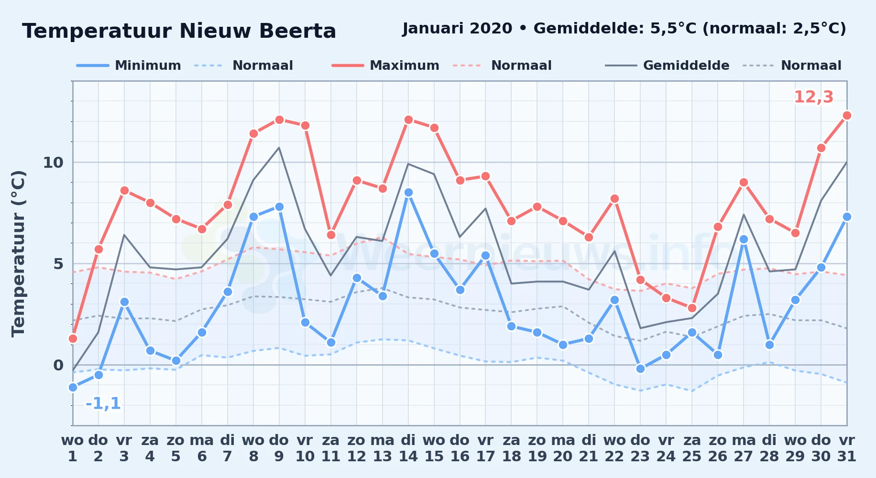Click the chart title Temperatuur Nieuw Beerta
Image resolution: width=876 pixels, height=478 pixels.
pyautogui.click(x=179, y=31)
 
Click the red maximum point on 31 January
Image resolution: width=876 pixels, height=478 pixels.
pyautogui.click(x=847, y=115)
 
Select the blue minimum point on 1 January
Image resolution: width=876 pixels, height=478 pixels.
pyautogui.click(x=73, y=387)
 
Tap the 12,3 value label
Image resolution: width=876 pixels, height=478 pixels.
pyautogui.click(x=813, y=97)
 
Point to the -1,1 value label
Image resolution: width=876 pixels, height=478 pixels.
pyautogui.click(x=103, y=403)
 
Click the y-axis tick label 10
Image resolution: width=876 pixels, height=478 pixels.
pyautogui.click(x=53, y=163)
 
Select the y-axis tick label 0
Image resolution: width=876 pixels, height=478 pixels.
pyautogui.click(x=58, y=365)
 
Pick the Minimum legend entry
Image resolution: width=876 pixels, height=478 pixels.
pyautogui.click(x=129, y=65)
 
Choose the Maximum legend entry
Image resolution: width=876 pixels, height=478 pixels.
pyautogui.click(x=385, y=65)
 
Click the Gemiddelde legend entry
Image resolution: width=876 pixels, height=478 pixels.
pyautogui.click(x=668, y=65)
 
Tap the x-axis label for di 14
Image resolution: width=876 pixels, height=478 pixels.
pyautogui.click(x=408, y=448)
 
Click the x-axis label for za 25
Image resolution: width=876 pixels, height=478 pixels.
pyautogui.click(x=692, y=448)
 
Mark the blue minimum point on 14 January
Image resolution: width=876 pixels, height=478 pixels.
pyautogui.click(x=408, y=192)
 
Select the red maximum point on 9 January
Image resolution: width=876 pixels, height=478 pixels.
pyautogui.click(x=279, y=119)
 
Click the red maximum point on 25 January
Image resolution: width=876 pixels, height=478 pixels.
pyautogui.click(x=692, y=308)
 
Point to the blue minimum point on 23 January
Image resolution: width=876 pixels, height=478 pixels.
pyautogui.click(x=640, y=369)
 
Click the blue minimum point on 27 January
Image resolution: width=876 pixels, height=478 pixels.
pyautogui.click(x=744, y=239)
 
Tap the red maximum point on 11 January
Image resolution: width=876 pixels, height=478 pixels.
pyautogui.click(x=331, y=235)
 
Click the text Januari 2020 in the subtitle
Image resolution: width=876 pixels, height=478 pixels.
pyautogui.click(x=457, y=29)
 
